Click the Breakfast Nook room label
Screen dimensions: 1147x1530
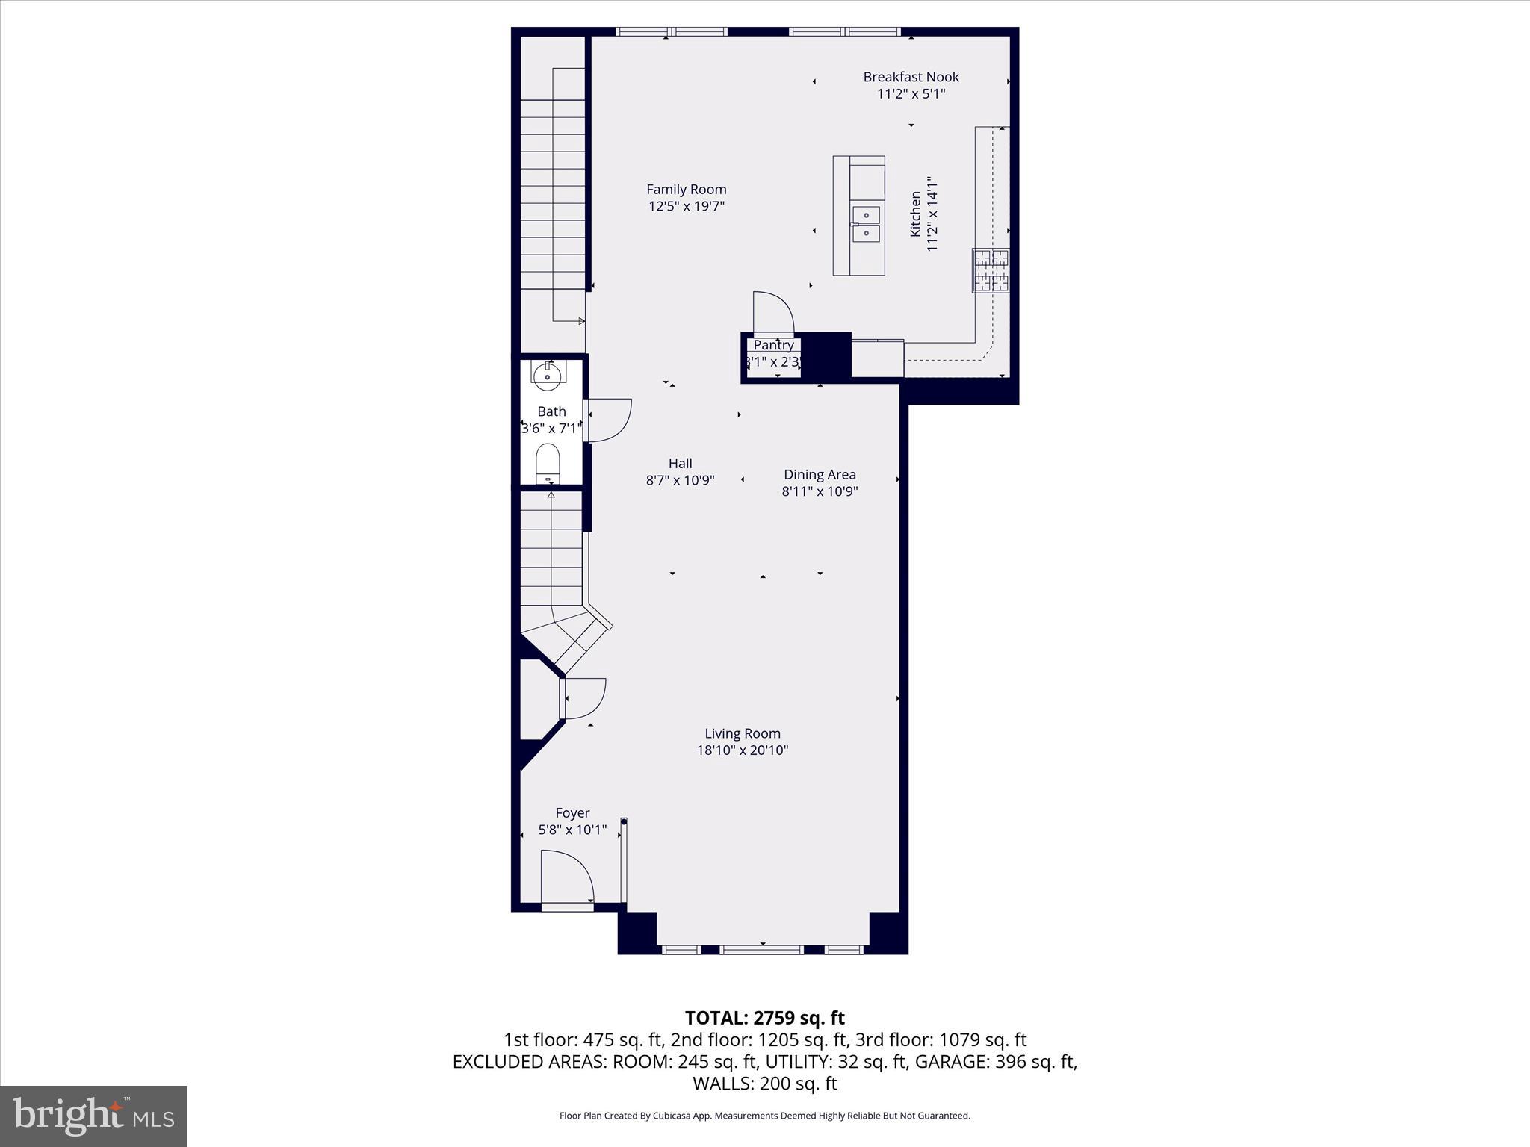(x=911, y=77)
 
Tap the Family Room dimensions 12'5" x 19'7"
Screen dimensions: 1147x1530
(x=686, y=207)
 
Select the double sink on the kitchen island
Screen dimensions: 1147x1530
(x=866, y=224)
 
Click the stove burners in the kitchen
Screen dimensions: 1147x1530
(x=991, y=270)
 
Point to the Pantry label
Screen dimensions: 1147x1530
(x=773, y=345)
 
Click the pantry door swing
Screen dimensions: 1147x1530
(x=772, y=312)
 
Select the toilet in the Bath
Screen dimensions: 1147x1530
(x=548, y=464)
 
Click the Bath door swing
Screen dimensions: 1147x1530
(x=609, y=419)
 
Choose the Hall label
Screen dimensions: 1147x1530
(x=680, y=464)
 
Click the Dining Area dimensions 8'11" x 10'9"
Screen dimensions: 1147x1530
(x=820, y=491)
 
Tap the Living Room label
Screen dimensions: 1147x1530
(x=743, y=733)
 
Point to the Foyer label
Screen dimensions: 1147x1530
(x=572, y=813)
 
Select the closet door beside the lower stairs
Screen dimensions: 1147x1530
(x=583, y=698)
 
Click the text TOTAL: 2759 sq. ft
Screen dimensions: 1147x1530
(x=764, y=1018)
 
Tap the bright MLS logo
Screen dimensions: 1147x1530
(x=93, y=1116)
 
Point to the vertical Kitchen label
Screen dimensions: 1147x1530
(x=915, y=214)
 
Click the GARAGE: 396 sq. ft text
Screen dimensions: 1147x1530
(x=996, y=1062)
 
